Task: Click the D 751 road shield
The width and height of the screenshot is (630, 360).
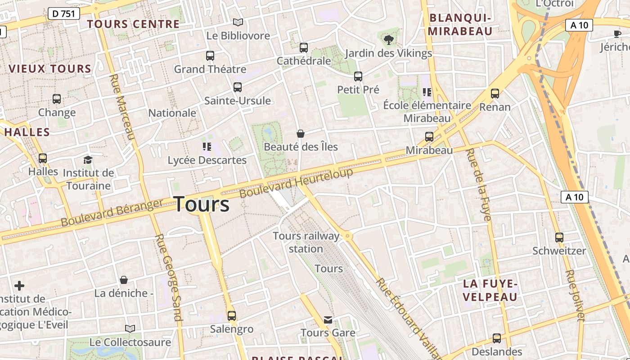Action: (x=63, y=14)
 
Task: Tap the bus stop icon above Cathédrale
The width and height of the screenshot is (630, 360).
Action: (x=304, y=47)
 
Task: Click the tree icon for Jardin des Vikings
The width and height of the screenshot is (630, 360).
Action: (x=388, y=40)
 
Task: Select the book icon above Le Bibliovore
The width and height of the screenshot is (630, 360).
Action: (x=238, y=22)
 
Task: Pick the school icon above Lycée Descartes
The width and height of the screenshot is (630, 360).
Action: (x=207, y=146)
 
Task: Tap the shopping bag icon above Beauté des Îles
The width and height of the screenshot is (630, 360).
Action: (x=301, y=134)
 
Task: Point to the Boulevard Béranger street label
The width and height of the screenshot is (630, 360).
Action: (x=112, y=212)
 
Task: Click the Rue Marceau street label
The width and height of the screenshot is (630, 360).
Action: (x=122, y=107)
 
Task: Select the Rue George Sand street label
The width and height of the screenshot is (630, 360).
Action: (x=169, y=277)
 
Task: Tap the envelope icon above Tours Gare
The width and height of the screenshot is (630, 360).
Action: (x=328, y=320)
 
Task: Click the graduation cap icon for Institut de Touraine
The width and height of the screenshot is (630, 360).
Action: (x=88, y=160)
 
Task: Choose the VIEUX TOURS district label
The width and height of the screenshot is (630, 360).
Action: (x=50, y=69)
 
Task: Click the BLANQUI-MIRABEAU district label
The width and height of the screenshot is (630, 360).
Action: (x=460, y=24)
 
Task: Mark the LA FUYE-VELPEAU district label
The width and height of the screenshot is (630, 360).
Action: (x=490, y=290)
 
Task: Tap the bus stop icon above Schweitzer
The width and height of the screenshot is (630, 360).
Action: (x=559, y=237)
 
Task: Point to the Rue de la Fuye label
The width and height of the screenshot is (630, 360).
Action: (x=478, y=184)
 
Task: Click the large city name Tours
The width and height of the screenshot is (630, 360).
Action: (x=201, y=204)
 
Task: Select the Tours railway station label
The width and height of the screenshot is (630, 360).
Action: (x=306, y=242)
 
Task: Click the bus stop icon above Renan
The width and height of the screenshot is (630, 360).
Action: (x=495, y=94)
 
